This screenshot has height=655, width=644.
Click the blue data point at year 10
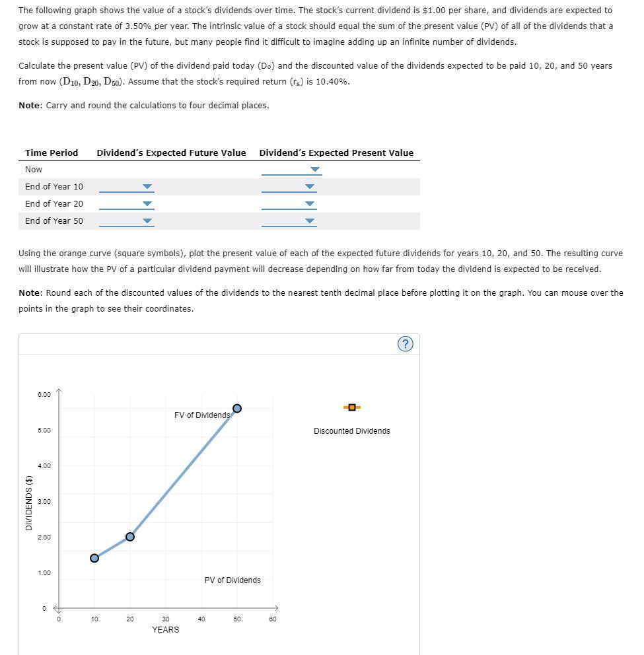coord(94,558)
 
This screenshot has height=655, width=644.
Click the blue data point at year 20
coord(130,537)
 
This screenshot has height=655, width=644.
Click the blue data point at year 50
coord(237,408)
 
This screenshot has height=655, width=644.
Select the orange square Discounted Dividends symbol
coord(352,407)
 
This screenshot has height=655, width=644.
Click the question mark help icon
coord(407,344)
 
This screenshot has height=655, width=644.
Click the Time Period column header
coord(52,153)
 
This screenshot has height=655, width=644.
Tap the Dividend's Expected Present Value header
coord(336,153)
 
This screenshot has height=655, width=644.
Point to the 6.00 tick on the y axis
coord(44,395)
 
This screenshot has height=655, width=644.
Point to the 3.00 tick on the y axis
coord(44,502)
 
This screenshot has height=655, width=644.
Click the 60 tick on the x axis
coord(273,619)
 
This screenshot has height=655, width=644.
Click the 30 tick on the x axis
coord(166,619)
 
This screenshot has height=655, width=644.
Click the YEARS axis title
coord(165,630)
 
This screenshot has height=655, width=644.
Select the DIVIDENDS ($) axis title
coord(28,503)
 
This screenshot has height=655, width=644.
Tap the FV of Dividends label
coord(202,415)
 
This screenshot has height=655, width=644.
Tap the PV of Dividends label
coord(233,580)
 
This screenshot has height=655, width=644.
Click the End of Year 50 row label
coord(54,221)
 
